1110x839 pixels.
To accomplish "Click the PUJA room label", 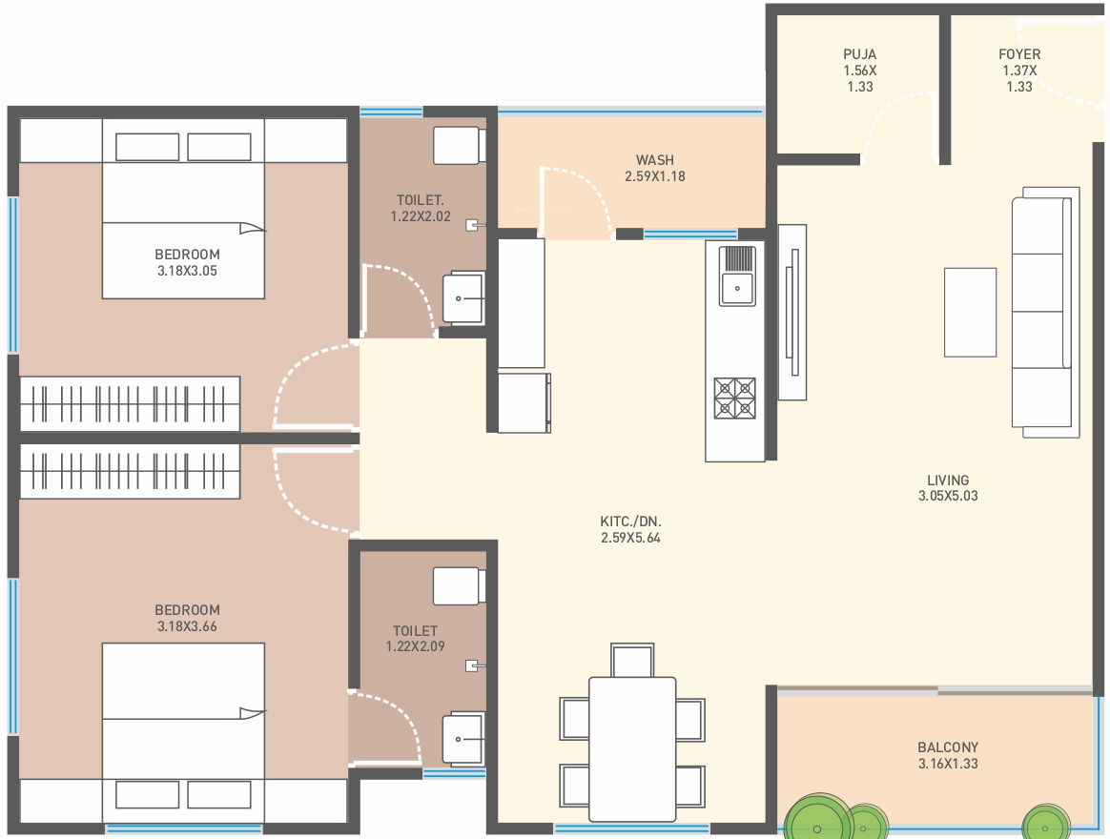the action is point(859,54).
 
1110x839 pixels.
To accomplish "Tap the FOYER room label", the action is point(1019,54).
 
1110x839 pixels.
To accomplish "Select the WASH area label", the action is point(655,160).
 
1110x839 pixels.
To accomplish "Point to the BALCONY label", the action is point(948,747).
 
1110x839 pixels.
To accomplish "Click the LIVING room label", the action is point(948,480).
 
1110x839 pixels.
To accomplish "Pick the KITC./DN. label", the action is point(630,522).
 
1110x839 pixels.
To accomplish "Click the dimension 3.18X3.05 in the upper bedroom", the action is point(187,271).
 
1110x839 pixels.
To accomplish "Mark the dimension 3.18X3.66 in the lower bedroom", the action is point(187,625).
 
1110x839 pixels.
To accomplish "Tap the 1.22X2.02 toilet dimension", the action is point(421,216).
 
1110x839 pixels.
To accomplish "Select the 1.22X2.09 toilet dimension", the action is point(416,646).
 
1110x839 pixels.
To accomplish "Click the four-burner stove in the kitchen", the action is point(735,399).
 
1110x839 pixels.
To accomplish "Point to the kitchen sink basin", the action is point(737,288).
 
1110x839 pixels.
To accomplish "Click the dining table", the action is point(632,748).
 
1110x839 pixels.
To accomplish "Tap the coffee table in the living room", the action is point(970,312).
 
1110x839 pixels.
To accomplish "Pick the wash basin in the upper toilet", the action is point(463,298).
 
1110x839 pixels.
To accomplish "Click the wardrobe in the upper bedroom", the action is point(130,403).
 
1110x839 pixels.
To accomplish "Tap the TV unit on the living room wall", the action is point(792,312).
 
